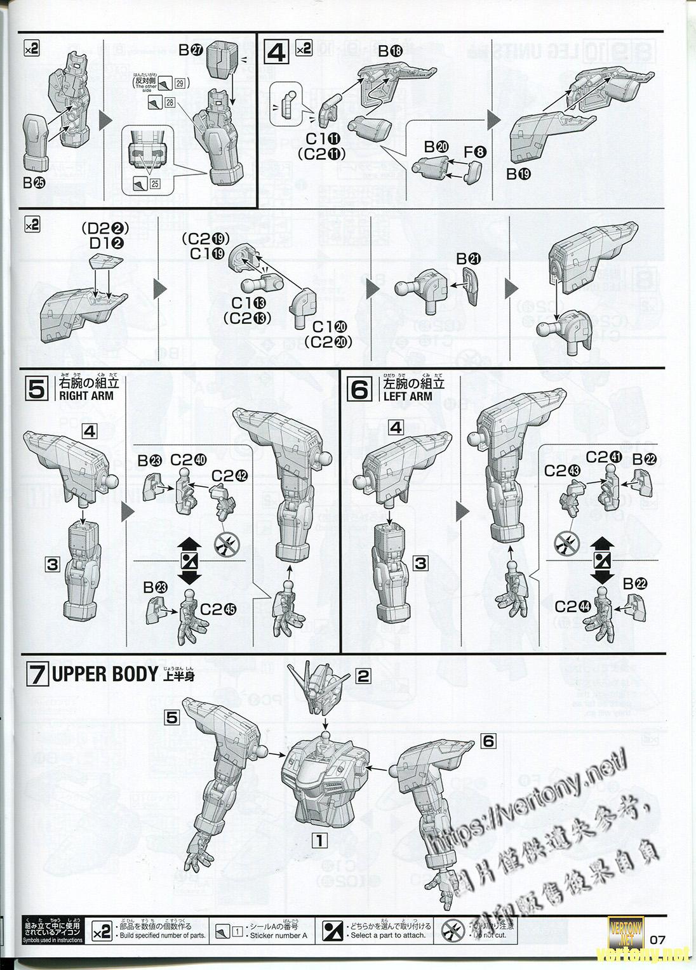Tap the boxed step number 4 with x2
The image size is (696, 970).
tap(278, 50)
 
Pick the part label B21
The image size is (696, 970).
tap(469, 259)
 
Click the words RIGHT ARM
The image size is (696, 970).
tap(86, 395)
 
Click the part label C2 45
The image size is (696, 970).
tap(218, 609)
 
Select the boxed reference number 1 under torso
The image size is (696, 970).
tap(319, 840)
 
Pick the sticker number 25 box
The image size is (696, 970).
tap(153, 184)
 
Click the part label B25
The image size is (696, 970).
tap(32, 183)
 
